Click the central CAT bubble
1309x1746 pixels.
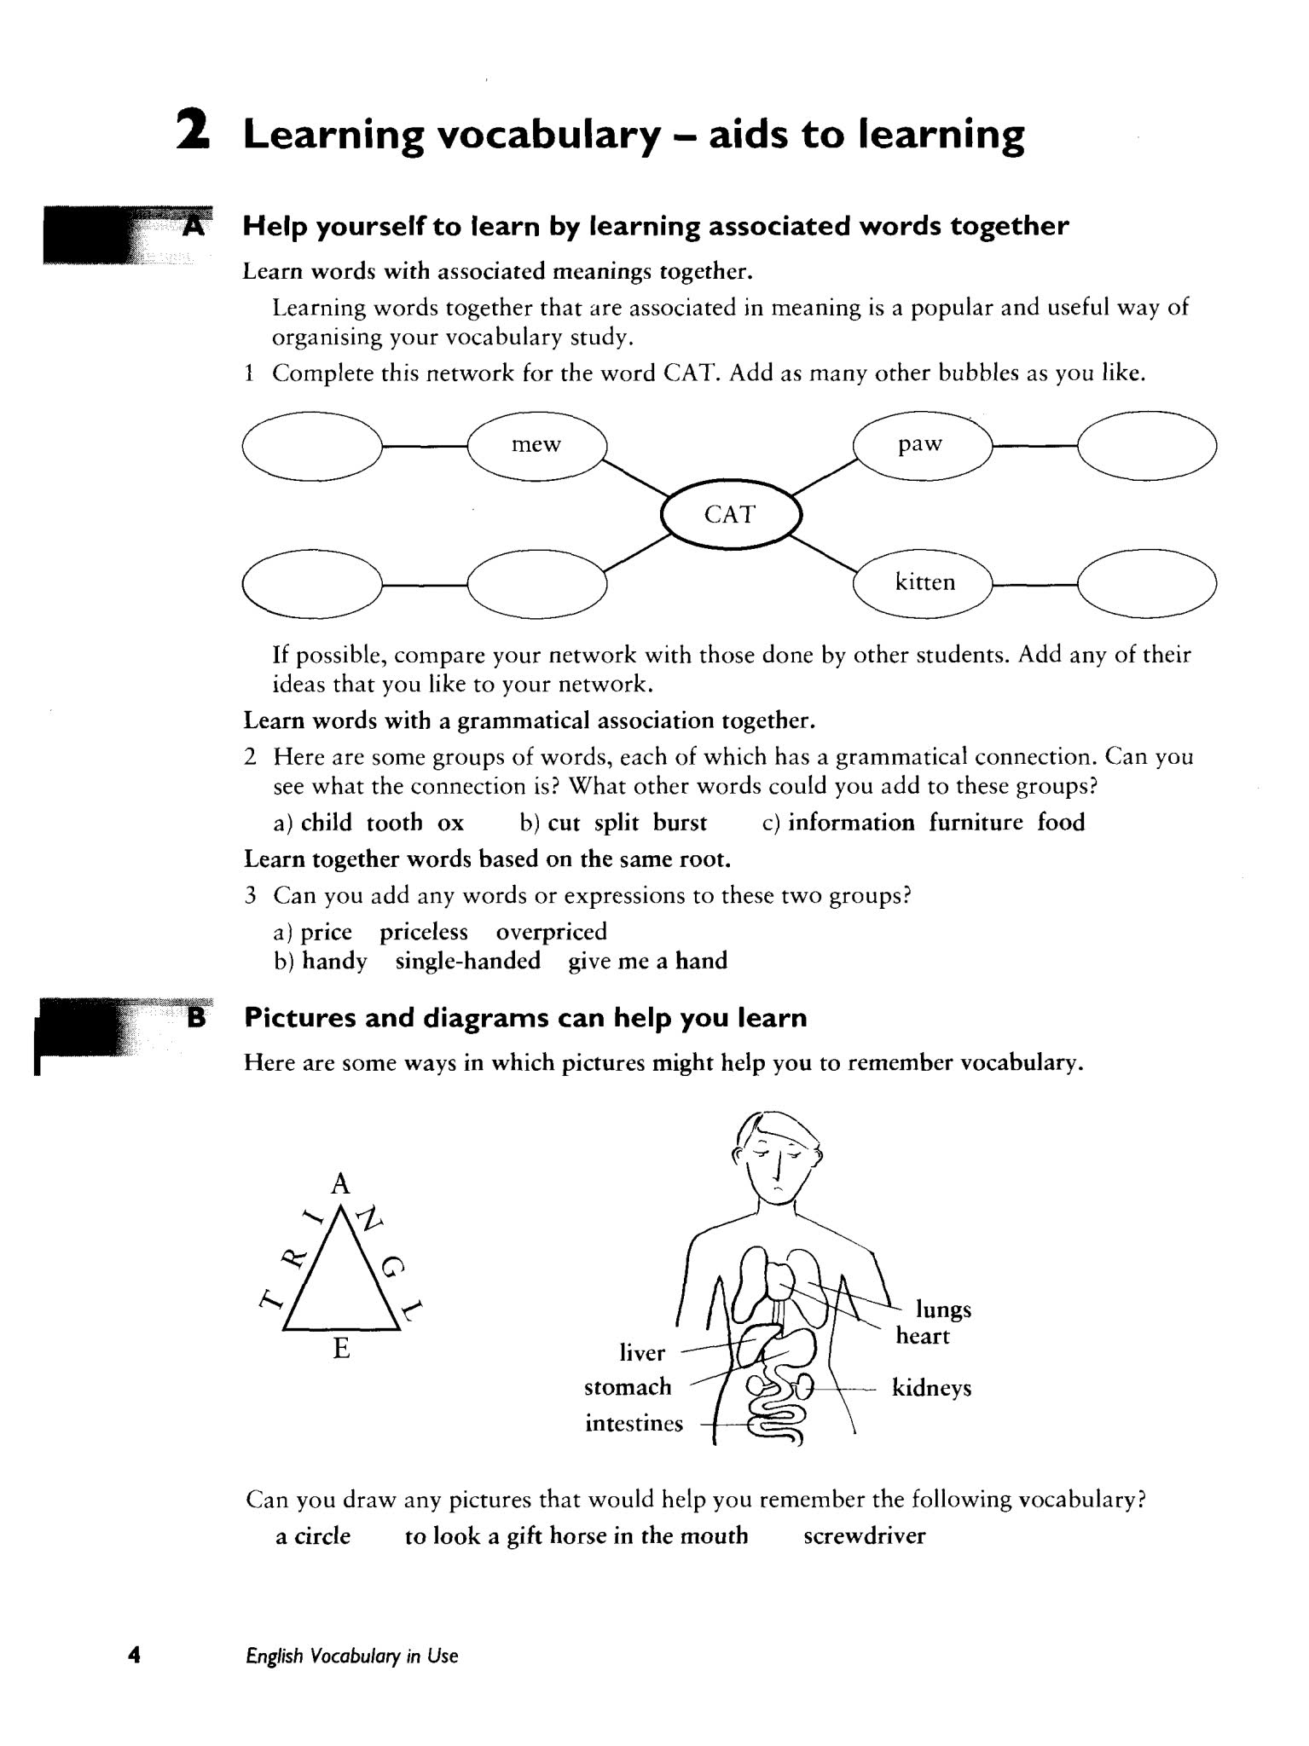(x=731, y=514)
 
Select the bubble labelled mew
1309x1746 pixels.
(x=536, y=445)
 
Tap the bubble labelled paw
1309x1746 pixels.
(x=922, y=444)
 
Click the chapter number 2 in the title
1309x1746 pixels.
(x=193, y=134)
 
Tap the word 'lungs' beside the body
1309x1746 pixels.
(x=943, y=1309)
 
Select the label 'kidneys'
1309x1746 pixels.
(x=931, y=1388)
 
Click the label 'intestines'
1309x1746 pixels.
(x=634, y=1424)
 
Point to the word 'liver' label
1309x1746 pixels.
(x=642, y=1353)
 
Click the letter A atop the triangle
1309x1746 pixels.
(x=340, y=1184)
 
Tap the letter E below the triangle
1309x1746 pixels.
(x=341, y=1349)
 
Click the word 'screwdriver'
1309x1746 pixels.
(x=864, y=1536)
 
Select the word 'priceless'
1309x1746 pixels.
(x=424, y=932)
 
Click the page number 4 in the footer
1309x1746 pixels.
(x=133, y=1656)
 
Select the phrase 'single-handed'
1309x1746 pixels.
(x=468, y=962)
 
